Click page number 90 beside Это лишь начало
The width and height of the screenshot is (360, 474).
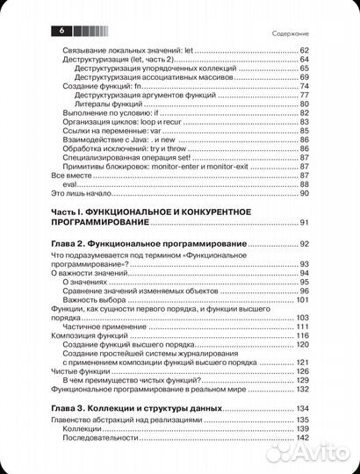click(306, 193)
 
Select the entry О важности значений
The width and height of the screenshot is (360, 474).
click(90, 273)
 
